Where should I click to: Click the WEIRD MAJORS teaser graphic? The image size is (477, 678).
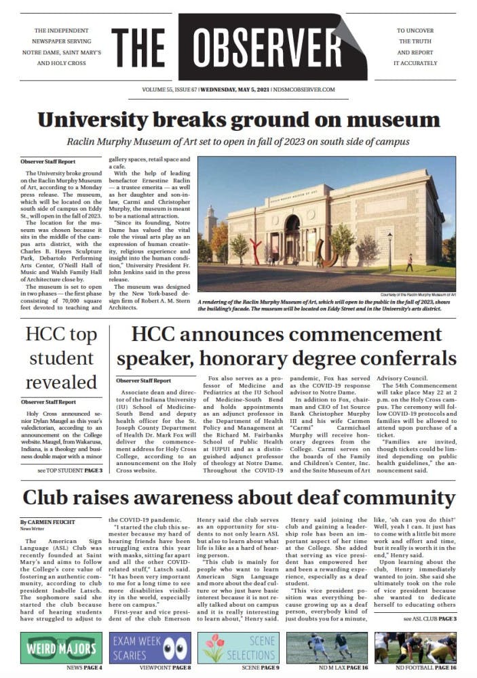pyautogui.click(x=61, y=647)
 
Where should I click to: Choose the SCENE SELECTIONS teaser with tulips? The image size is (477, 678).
pyautogui.click(x=238, y=647)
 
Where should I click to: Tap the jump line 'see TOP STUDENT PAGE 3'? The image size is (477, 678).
pyautogui.click(x=70, y=489)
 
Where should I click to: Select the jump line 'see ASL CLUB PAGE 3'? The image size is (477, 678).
pyautogui.click(x=430, y=618)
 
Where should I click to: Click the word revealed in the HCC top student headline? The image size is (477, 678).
pyautogui.click(x=61, y=382)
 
